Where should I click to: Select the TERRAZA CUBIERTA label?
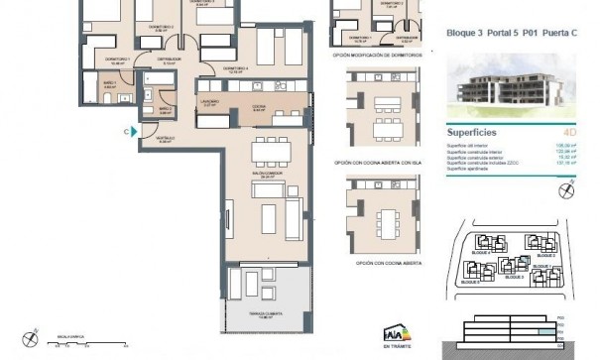point(267,315)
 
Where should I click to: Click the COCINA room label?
point(258,108)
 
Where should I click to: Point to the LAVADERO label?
point(210,102)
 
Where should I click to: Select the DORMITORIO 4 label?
point(235,68)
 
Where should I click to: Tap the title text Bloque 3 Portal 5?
point(483,34)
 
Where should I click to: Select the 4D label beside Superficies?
point(569,131)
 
